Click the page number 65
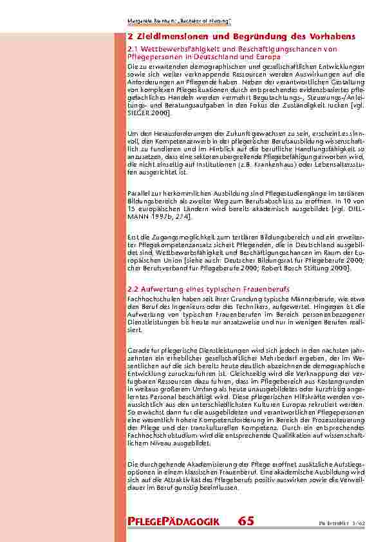tap(245, 521)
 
